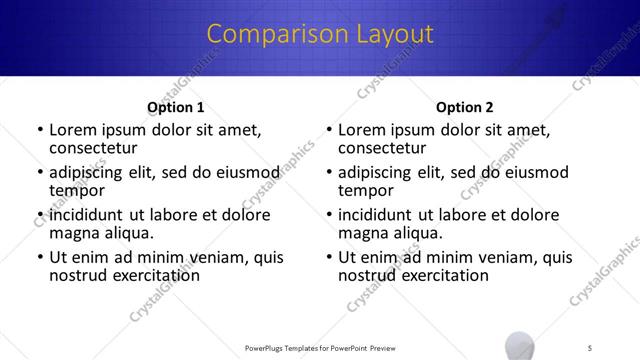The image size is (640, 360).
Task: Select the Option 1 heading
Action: (x=175, y=107)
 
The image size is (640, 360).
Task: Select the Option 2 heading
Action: (x=465, y=107)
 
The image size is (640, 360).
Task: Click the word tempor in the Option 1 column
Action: (x=77, y=191)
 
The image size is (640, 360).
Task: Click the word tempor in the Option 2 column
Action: (x=367, y=191)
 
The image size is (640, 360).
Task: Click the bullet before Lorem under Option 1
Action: (x=39, y=130)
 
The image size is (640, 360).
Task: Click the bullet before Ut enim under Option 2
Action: (x=329, y=257)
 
